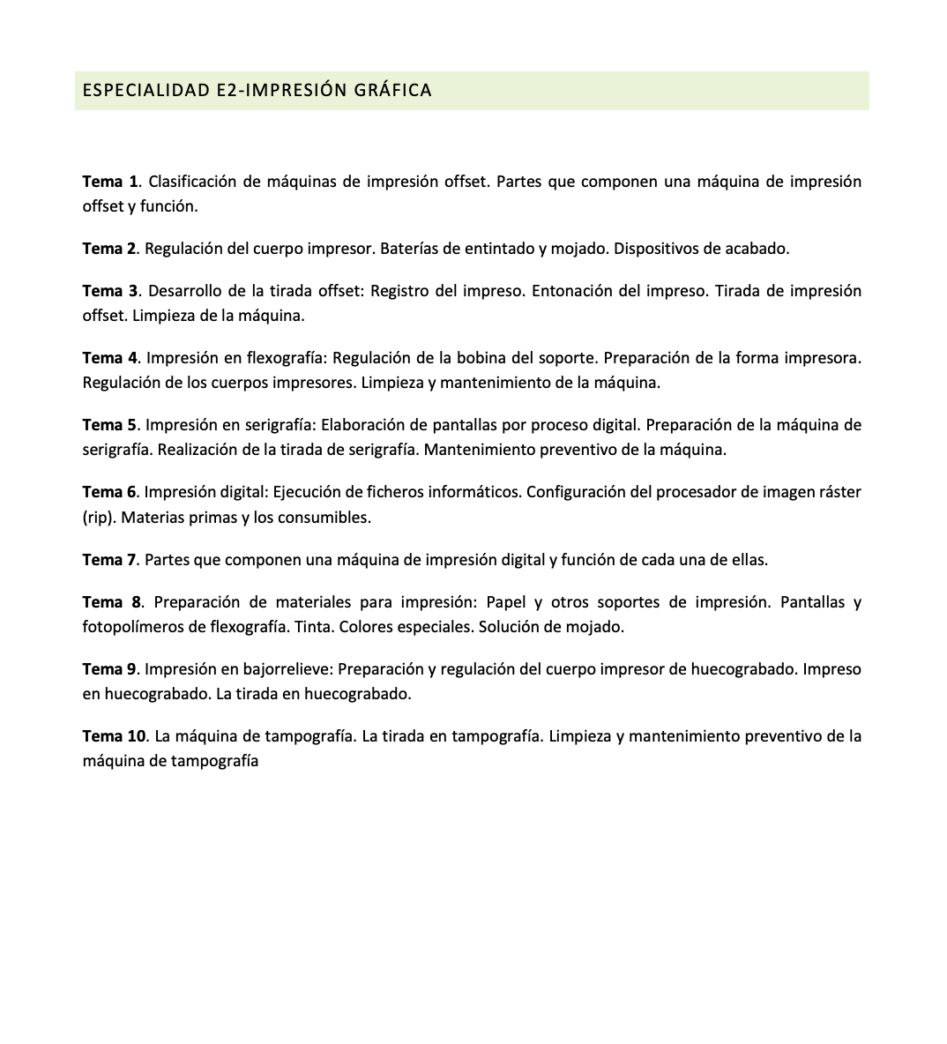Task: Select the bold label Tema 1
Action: click(110, 182)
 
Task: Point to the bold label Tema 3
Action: click(110, 291)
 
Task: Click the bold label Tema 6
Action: click(110, 492)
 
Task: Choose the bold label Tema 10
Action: click(115, 736)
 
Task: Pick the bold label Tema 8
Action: click(111, 602)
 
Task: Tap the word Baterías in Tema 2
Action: click(408, 249)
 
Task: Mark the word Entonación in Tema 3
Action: click(570, 291)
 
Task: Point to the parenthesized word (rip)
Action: click(98, 518)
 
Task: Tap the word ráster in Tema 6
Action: click(840, 492)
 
